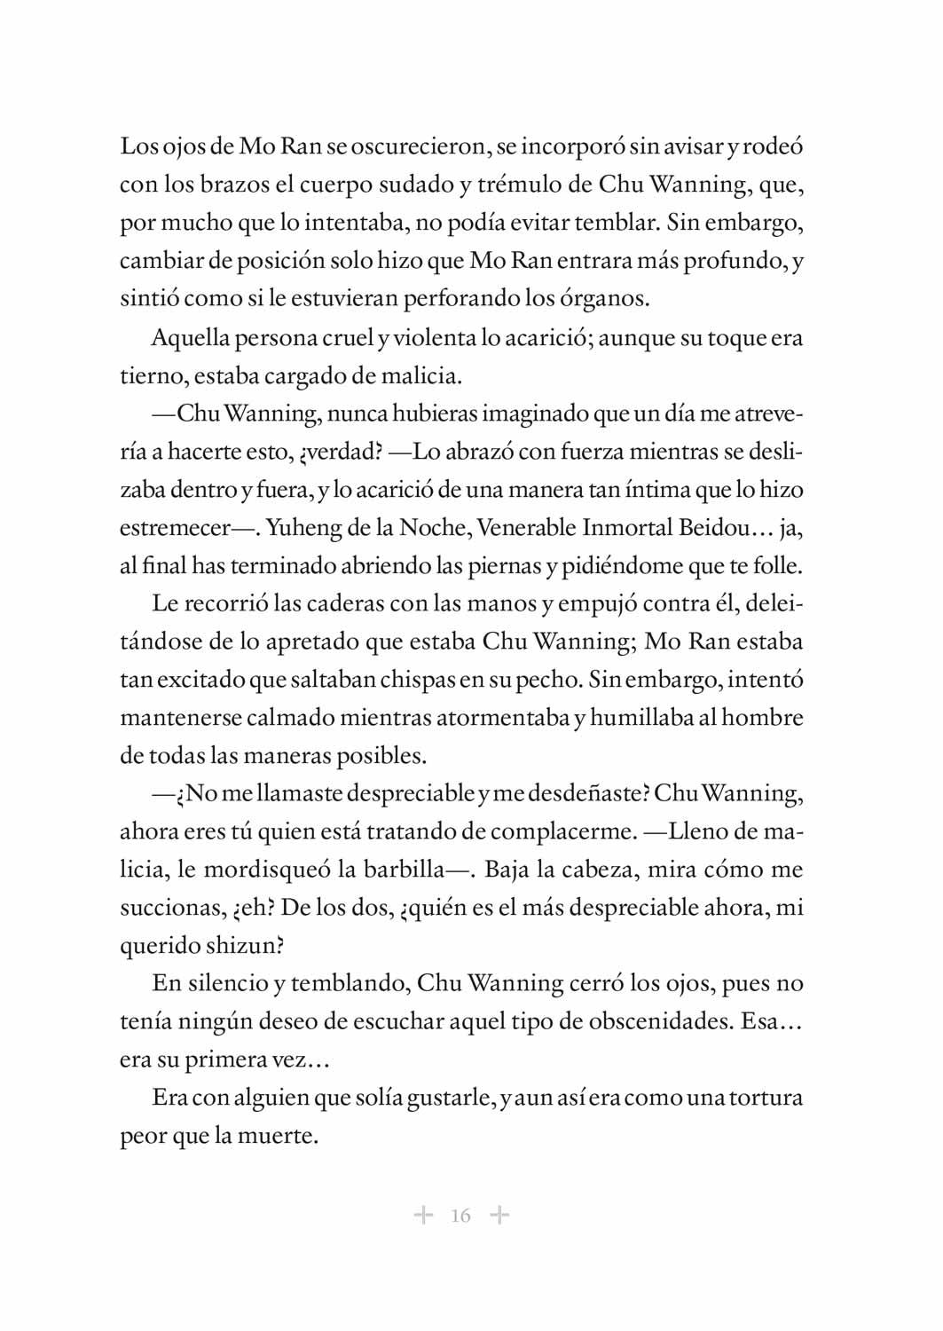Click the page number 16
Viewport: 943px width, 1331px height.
(460, 1216)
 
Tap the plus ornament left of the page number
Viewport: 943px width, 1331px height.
(424, 1215)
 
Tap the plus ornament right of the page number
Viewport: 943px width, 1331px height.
(500, 1215)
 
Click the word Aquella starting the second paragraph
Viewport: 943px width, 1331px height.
(190, 338)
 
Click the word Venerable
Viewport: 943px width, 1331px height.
(526, 528)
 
